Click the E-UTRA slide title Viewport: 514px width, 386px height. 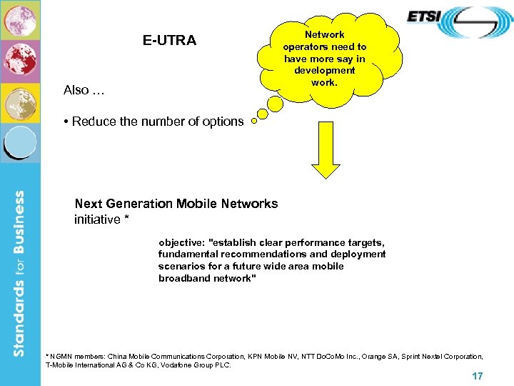169,41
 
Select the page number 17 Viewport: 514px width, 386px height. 478,376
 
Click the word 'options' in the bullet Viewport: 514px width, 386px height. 223,122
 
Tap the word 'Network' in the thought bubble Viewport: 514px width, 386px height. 324,34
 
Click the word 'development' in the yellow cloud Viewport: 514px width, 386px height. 324,71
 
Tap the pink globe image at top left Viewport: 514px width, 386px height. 19,19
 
